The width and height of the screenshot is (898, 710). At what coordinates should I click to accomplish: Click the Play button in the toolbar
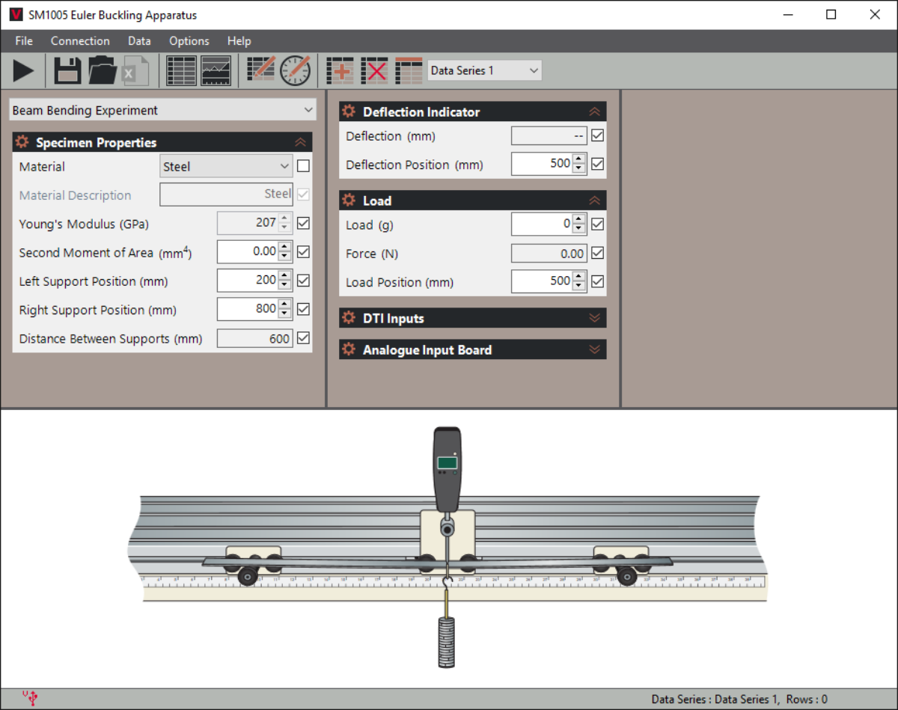tap(23, 71)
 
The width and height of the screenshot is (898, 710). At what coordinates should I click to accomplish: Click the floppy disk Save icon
tap(67, 71)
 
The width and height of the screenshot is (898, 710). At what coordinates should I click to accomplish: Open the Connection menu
tap(80, 41)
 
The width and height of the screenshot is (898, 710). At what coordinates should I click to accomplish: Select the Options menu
tap(189, 41)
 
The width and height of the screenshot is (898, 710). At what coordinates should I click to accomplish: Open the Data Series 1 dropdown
tap(484, 70)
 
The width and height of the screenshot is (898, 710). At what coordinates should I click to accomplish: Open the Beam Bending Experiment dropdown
tap(162, 111)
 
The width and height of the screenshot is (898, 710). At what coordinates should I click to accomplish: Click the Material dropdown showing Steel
tap(226, 167)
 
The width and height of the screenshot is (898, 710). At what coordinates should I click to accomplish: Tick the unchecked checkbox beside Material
tap(303, 166)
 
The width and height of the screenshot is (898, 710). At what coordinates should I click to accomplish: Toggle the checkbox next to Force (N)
tap(597, 254)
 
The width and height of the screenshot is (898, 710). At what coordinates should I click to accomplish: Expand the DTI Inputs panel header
tap(472, 318)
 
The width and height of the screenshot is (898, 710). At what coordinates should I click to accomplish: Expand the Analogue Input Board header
tap(472, 349)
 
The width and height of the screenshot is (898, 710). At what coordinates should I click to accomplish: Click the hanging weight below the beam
tap(447, 642)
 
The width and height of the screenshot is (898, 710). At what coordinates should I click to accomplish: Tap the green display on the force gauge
tap(448, 462)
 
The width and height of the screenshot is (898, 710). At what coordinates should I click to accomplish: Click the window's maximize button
tap(831, 14)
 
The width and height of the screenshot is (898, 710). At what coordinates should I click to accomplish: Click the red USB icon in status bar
tap(31, 698)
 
